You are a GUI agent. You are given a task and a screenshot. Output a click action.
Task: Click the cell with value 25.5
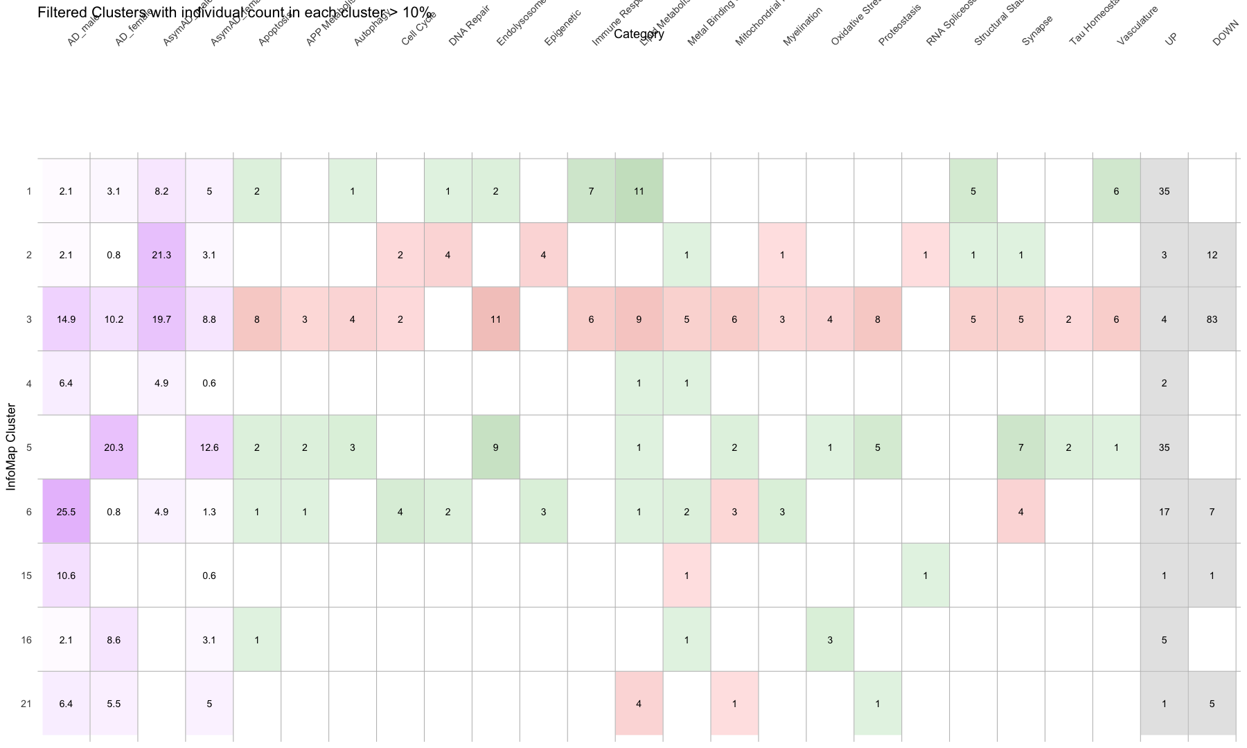[66, 512]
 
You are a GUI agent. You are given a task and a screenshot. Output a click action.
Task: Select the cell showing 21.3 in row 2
[161, 255]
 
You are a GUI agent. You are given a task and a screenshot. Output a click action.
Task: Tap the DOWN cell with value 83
[1212, 319]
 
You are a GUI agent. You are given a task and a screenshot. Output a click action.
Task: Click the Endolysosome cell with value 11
[495, 319]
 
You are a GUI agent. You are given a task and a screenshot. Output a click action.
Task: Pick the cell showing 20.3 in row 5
[114, 447]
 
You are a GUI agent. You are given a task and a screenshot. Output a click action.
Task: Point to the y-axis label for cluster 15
[26, 576]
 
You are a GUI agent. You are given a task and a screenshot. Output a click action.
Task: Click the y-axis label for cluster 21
[26, 704]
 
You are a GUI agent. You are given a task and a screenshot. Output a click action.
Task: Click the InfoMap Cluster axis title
[11, 447]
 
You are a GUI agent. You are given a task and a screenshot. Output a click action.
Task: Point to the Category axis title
[639, 34]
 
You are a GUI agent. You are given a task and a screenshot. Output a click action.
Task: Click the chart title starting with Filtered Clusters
[234, 12]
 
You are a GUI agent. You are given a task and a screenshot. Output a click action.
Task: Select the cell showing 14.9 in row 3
[66, 319]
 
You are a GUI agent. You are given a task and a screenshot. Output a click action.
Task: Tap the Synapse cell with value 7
[1020, 447]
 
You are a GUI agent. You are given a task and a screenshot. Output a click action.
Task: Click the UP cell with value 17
[1164, 512]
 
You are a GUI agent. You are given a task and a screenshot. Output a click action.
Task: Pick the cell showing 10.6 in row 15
[66, 576]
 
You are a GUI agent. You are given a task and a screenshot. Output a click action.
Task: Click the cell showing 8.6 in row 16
[114, 640]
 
